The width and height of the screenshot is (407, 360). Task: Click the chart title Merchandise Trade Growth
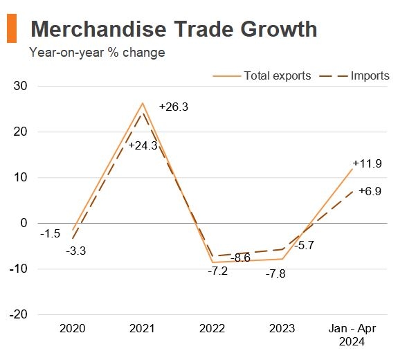pyautogui.click(x=174, y=29)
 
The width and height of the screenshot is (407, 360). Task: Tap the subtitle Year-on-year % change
pyautogui.click(x=97, y=53)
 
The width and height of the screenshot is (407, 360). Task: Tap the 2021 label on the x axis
pyautogui.click(x=143, y=329)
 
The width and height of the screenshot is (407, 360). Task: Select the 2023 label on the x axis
pyautogui.click(x=282, y=329)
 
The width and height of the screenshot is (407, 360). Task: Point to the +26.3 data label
pyautogui.click(x=173, y=107)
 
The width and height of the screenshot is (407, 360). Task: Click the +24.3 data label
pyautogui.click(x=143, y=146)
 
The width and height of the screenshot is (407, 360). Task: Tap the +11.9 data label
pyautogui.click(x=367, y=164)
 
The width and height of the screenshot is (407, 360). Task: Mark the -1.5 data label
pyautogui.click(x=49, y=234)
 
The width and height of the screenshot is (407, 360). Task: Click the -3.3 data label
pyautogui.click(x=75, y=251)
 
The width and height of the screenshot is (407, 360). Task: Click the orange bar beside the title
pyautogui.click(x=12, y=29)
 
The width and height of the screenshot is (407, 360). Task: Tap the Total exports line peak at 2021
pyautogui.click(x=143, y=103)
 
